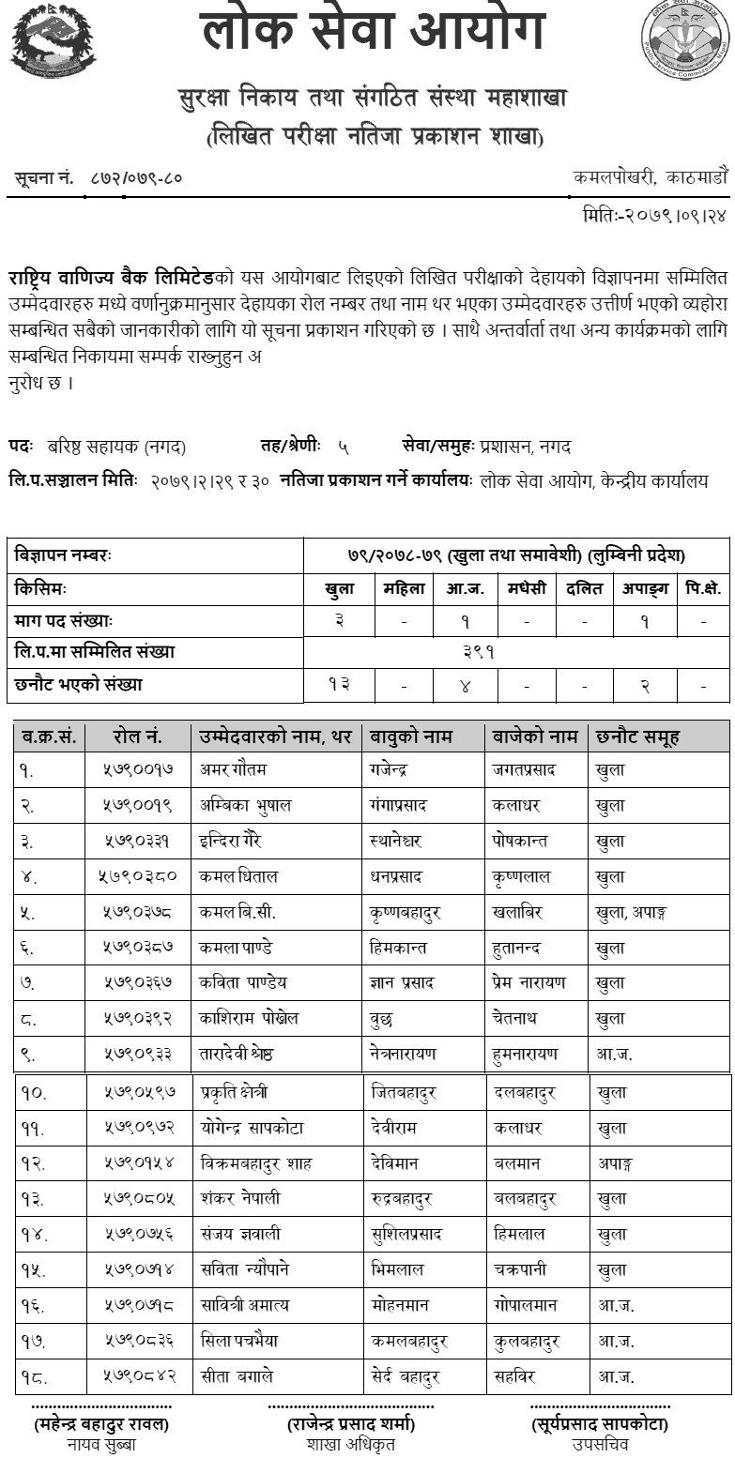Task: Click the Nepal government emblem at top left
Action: coord(53,42)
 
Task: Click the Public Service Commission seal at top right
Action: coord(685,39)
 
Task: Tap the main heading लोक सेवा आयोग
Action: coord(373,31)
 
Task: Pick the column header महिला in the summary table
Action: coord(404,589)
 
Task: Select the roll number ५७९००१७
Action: coord(138,769)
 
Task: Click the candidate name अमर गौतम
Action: coord(234,769)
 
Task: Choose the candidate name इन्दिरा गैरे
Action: coord(236,841)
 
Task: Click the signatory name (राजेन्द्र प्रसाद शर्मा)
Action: coord(353,1424)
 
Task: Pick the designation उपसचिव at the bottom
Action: coord(601,1444)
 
